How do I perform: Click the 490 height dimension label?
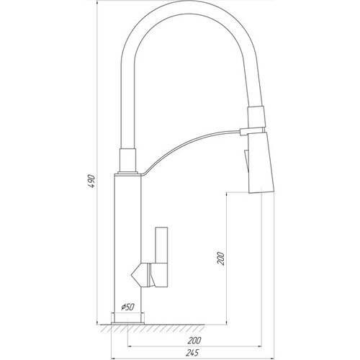coord(91,181)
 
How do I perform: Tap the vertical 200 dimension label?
coord(220,258)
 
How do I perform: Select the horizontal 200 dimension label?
coord(194,341)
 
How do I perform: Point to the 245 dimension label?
coord(192,353)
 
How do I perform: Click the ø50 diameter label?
coord(127,307)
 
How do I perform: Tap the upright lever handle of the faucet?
coord(161,245)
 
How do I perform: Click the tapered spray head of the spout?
coord(261,163)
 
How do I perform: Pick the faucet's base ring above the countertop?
coord(127,318)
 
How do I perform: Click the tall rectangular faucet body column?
coord(127,243)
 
